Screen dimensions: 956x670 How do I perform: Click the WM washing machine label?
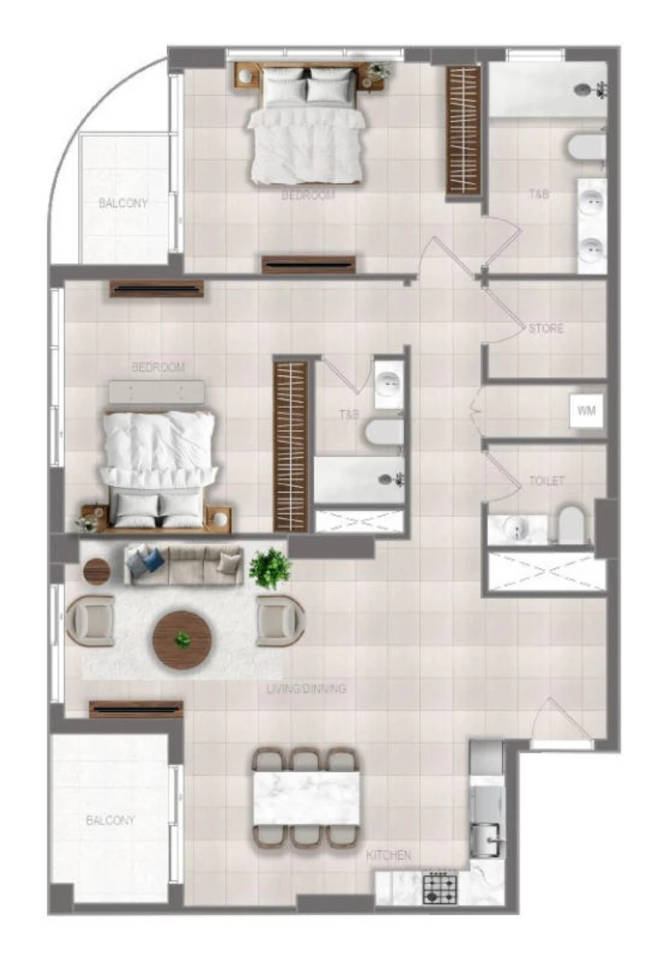point(587,412)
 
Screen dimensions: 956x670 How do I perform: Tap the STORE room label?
point(546,328)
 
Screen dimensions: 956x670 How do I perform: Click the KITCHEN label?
point(388,855)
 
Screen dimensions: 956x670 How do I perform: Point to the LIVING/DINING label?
point(306,689)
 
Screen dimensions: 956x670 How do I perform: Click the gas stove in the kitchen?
point(439,888)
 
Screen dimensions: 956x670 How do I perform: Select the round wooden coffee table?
point(182,640)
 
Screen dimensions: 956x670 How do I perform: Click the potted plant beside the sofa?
point(269,568)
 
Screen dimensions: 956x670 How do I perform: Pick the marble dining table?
point(306,797)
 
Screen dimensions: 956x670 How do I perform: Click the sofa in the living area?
point(184,564)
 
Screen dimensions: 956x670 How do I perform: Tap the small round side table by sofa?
point(96,571)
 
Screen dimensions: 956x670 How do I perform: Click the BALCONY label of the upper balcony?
point(124,203)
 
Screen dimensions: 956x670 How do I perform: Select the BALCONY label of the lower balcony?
point(110,820)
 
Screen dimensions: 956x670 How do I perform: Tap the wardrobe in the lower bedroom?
point(290,445)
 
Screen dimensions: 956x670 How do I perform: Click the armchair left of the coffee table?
point(90,619)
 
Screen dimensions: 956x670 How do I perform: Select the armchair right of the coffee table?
point(279,619)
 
